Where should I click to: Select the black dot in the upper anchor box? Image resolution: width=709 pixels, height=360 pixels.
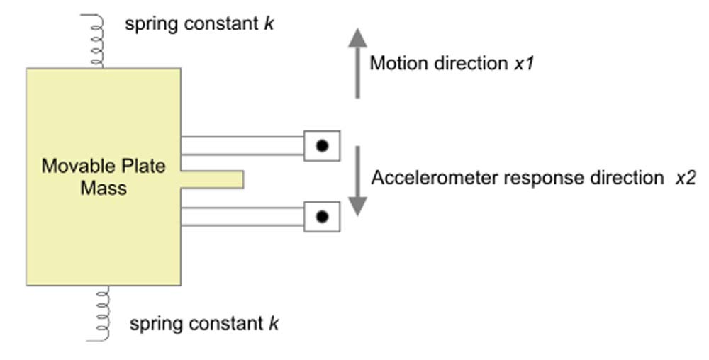322,146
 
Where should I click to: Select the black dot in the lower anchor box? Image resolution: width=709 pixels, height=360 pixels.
322,217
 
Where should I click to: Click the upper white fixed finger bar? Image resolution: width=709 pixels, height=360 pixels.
242,145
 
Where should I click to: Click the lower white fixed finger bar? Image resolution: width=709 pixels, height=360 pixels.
242,216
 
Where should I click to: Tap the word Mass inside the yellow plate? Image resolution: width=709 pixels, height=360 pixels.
104,189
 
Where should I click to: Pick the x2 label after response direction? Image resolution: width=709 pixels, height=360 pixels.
685,178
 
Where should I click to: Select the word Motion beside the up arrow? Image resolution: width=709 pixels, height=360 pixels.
396,63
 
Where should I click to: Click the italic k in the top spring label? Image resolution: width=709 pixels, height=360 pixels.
269,24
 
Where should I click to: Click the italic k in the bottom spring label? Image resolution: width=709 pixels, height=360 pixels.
273,325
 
